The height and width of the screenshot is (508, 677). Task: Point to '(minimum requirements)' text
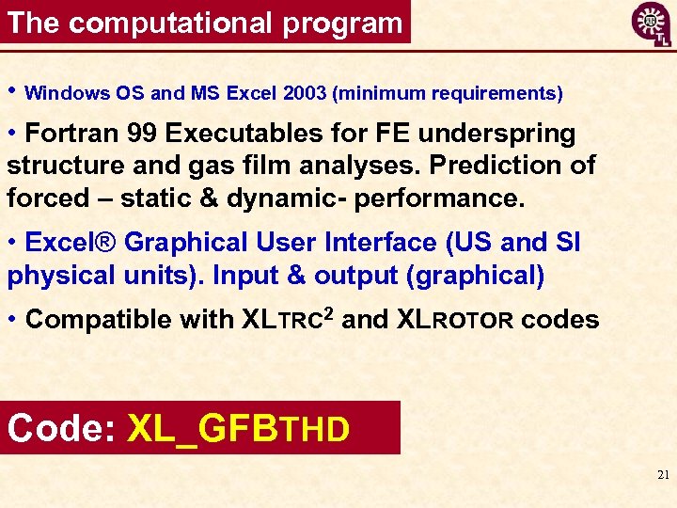point(449,93)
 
